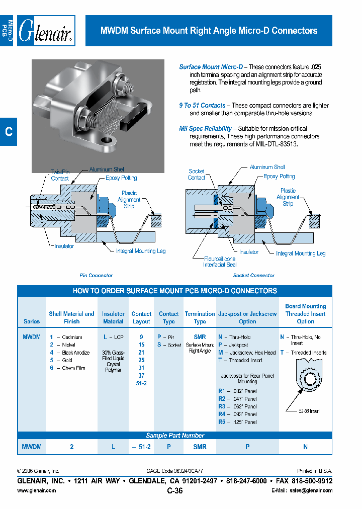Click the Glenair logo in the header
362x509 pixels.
pos(46,31)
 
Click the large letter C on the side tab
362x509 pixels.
pos(8,132)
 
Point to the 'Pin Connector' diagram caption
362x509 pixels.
pos(96,276)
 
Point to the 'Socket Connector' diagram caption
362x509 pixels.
pos(253,276)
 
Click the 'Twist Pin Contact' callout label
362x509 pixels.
pos(60,175)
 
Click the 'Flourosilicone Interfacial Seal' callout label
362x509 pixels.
pos(220,262)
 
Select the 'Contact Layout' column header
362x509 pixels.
pos(141,317)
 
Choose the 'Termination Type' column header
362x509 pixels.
pos(200,317)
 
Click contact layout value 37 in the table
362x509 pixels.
pos(141,376)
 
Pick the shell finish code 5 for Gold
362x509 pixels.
pos(51,360)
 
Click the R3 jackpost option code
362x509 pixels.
pos(222,406)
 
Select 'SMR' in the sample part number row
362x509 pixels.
pos(200,447)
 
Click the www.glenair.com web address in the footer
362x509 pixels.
pos(37,490)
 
